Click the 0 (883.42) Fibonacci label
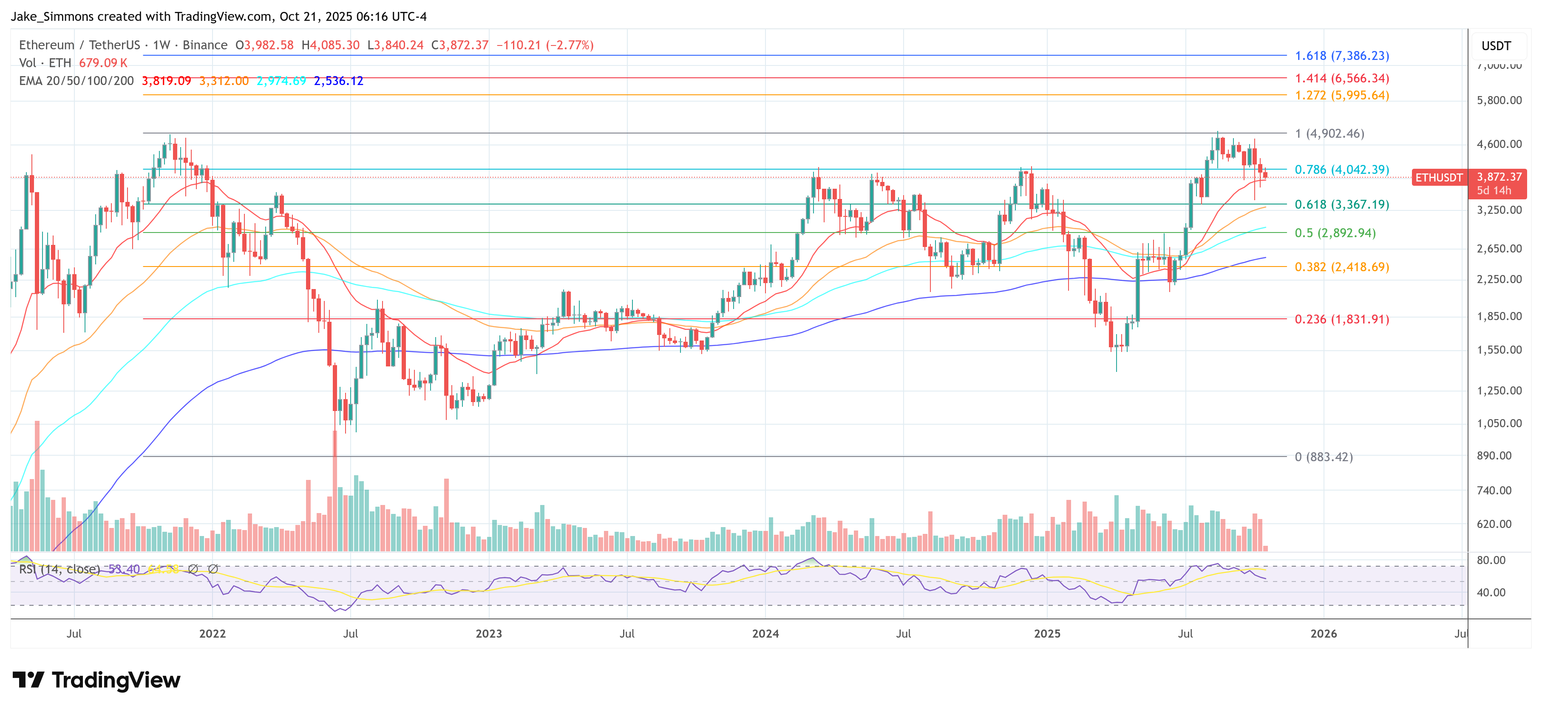coord(1323,457)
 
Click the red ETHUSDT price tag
coord(1438,178)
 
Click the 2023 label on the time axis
coord(488,633)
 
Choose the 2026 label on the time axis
coord(1323,633)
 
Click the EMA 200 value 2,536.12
coord(338,81)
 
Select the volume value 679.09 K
coord(103,63)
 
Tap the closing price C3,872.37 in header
coord(460,45)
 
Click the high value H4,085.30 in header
coord(330,45)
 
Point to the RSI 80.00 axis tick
coord(1491,560)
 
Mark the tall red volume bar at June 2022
coord(334,491)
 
